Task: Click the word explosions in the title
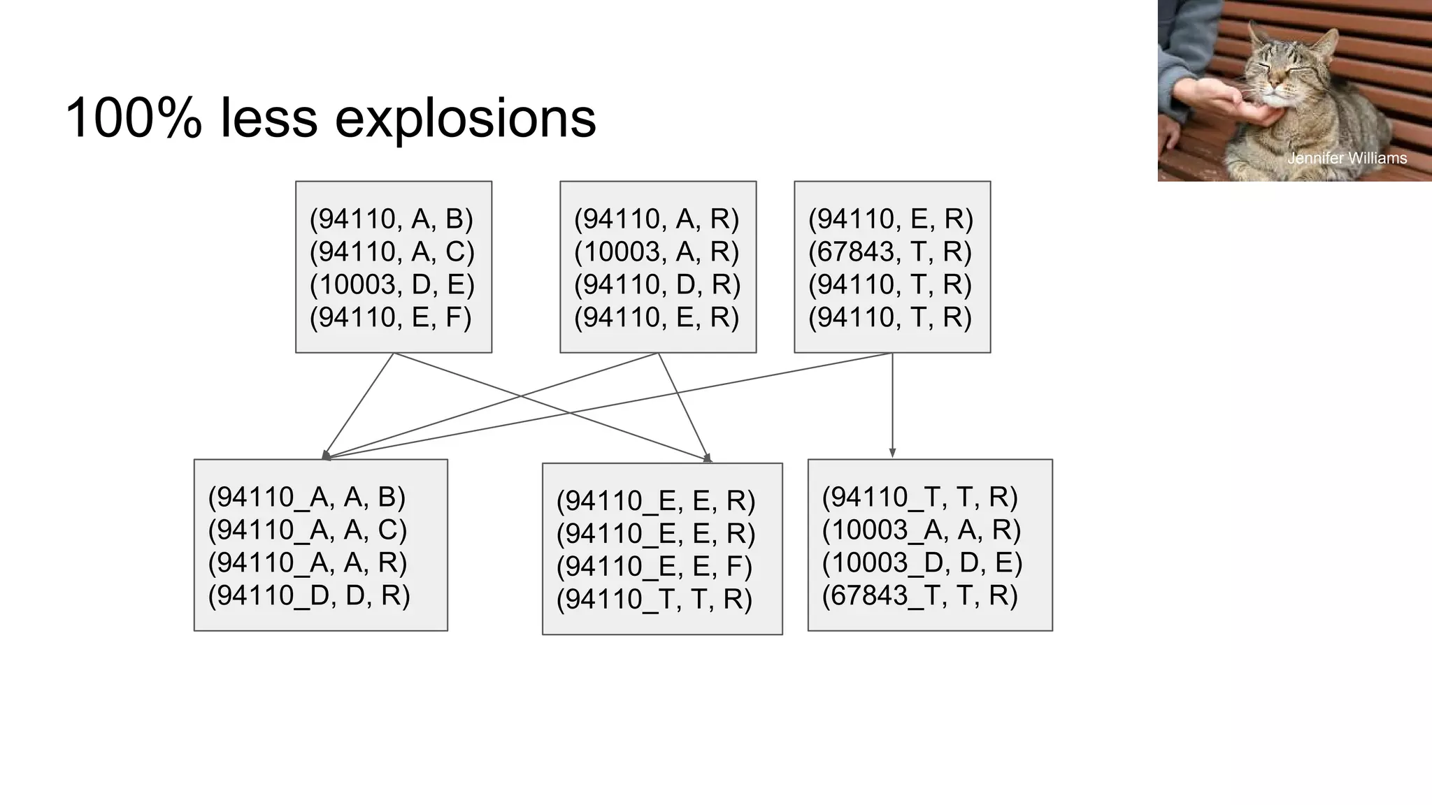pyautogui.click(x=465, y=119)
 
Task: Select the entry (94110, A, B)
pyautogui.click(x=392, y=219)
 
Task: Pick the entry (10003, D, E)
pyautogui.click(x=392, y=284)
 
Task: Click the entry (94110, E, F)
pyautogui.click(x=390, y=317)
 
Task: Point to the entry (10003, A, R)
pyautogui.click(x=657, y=252)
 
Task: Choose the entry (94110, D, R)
pyautogui.click(x=657, y=284)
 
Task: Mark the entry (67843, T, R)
pyautogui.click(x=890, y=252)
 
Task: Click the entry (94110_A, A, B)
pyautogui.click(x=306, y=497)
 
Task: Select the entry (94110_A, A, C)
pyautogui.click(x=307, y=530)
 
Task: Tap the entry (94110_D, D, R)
pyautogui.click(x=308, y=595)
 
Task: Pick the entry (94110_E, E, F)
pyautogui.click(x=654, y=566)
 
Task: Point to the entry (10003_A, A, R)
pyautogui.click(x=922, y=530)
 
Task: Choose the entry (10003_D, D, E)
pyautogui.click(x=922, y=563)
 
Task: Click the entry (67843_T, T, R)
pyautogui.click(x=919, y=595)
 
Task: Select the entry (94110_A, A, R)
pyautogui.click(x=307, y=563)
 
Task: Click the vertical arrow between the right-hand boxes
pyautogui.click(x=892, y=405)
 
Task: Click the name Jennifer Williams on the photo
pyautogui.click(x=1347, y=159)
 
